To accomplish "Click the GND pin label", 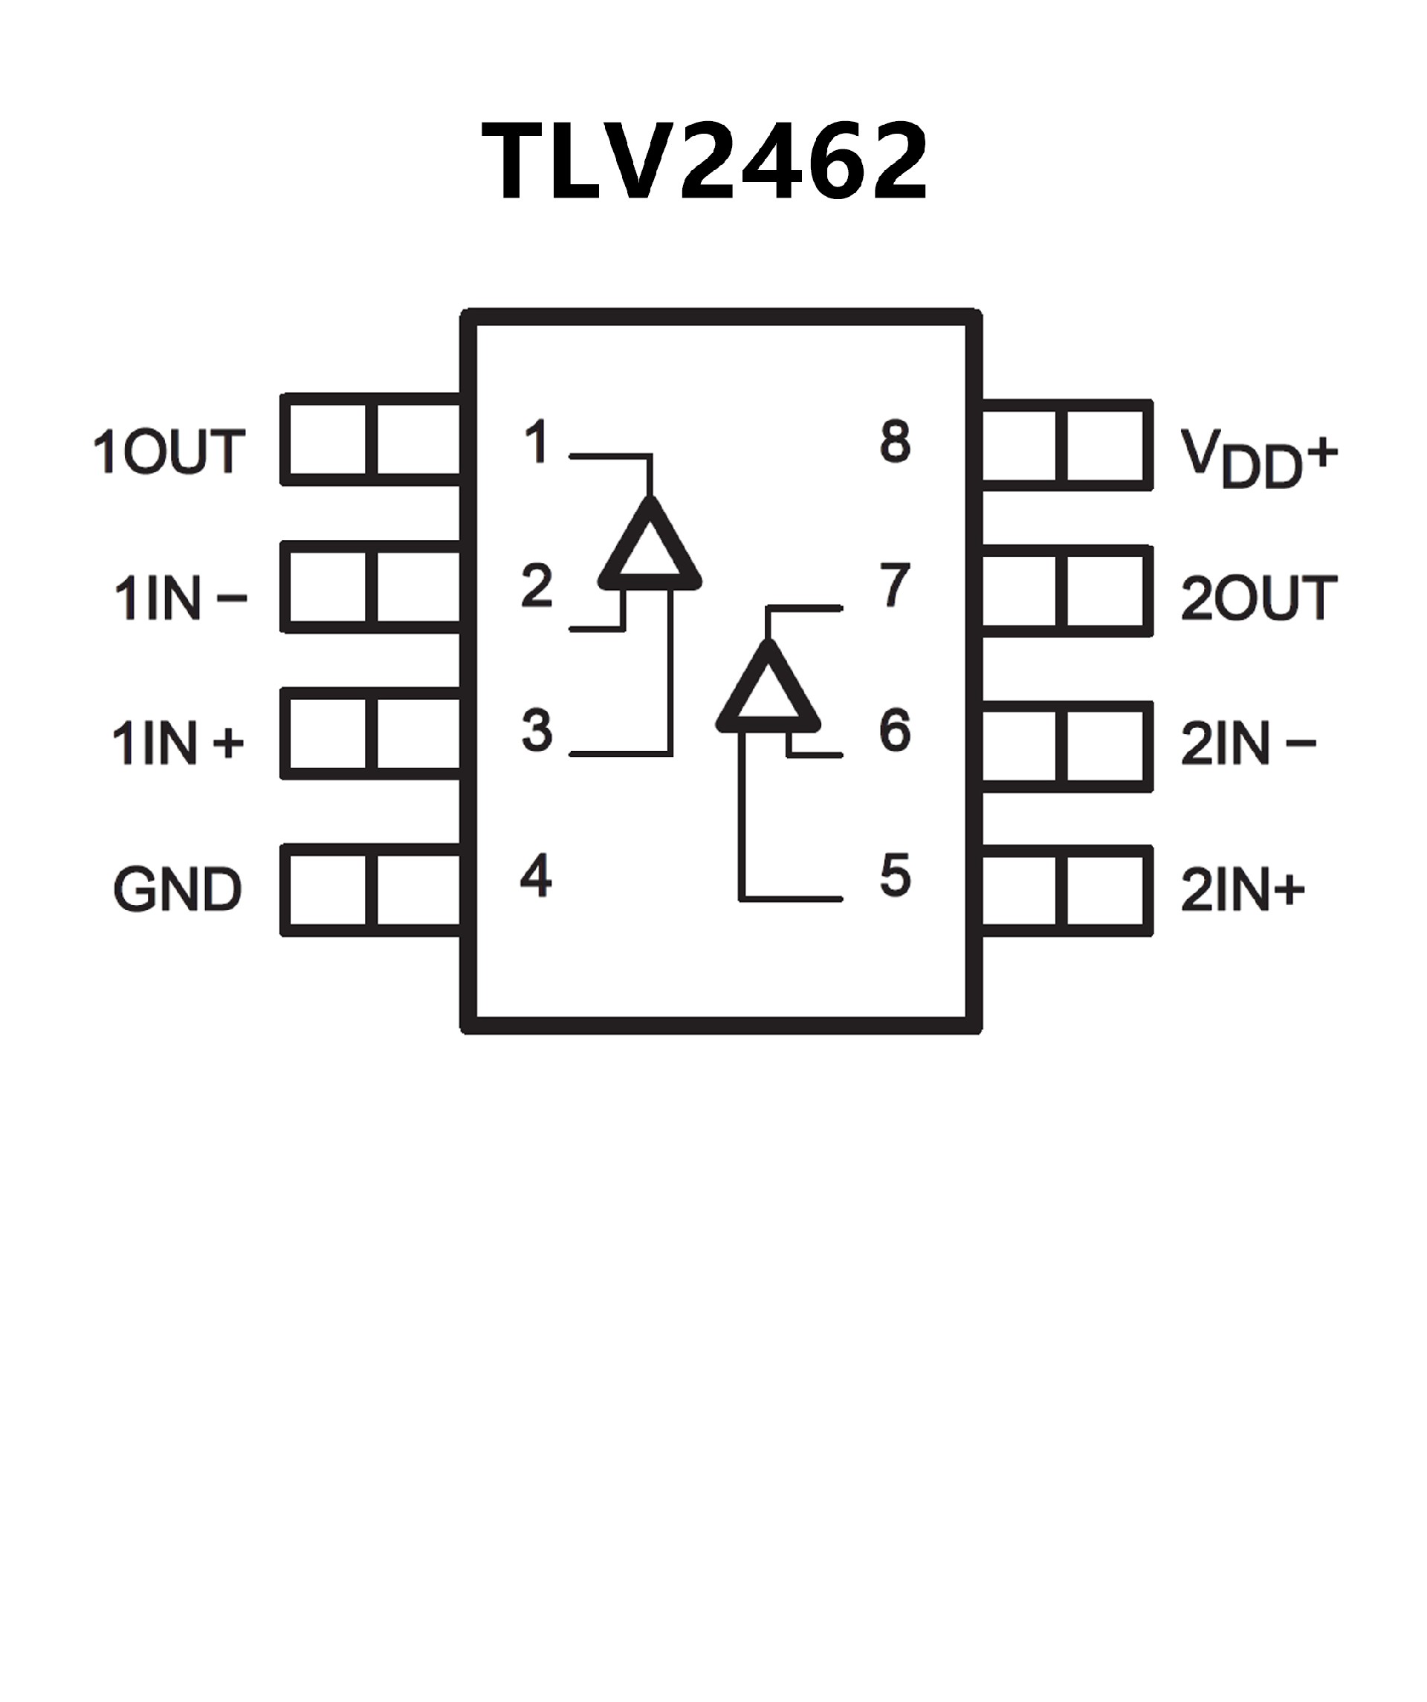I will (x=177, y=889).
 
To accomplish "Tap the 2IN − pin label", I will (x=1248, y=743).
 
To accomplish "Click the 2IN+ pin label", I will (x=1242, y=889).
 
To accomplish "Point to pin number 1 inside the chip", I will (x=536, y=443).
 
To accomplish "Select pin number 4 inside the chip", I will (x=536, y=875).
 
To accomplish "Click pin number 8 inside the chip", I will (x=895, y=443).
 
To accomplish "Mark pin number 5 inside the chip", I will (x=895, y=875).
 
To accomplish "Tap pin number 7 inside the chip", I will (x=895, y=585).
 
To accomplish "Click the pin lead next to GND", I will (x=372, y=890).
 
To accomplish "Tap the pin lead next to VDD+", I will (x=1067, y=445).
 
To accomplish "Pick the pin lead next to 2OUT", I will (x=1067, y=590).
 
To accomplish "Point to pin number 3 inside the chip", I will (x=536, y=730).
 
